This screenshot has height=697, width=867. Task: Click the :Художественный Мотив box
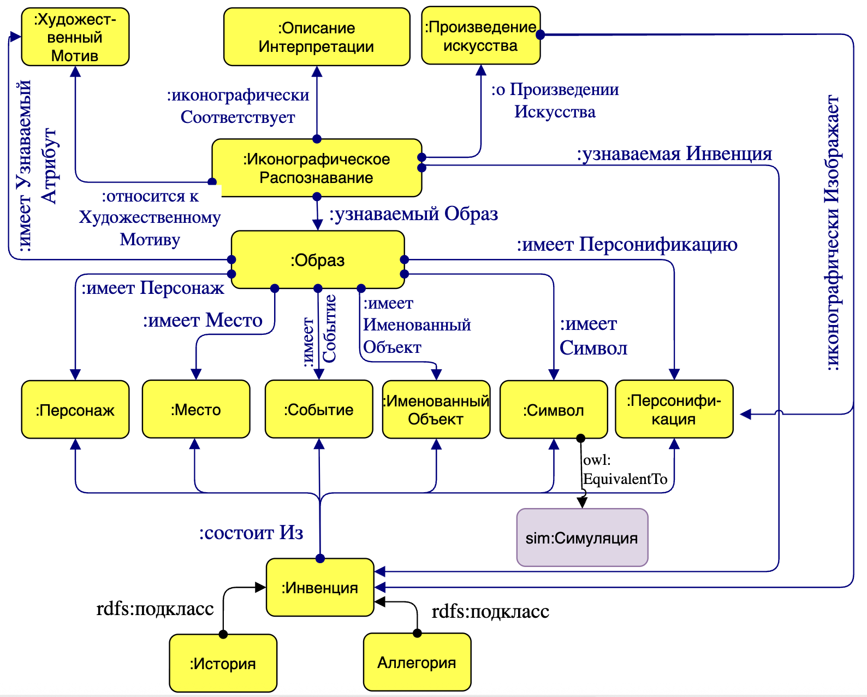[x=75, y=37]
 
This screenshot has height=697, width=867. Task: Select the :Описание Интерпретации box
[x=317, y=37]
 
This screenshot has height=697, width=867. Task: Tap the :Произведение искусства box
[x=480, y=36]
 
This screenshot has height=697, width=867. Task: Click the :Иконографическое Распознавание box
[x=317, y=168]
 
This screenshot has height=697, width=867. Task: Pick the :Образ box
[x=317, y=260]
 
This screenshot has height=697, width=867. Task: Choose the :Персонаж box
[x=75, y=410]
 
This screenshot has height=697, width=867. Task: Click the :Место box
[x=196, y=410]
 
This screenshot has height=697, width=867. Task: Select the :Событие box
[x=319, y=410]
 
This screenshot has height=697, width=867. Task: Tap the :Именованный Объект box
[x=436, y=410]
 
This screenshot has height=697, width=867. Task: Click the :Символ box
[x=554, y=410]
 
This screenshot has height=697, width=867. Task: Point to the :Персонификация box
[x=674, y=410]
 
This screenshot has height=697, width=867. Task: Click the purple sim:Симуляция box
[x=582, y=538]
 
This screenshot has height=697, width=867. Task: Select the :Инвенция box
[x=320, y=588]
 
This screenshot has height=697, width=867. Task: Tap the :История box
[x=223, y=663]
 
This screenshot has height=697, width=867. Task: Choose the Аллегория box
[x=417, y=662]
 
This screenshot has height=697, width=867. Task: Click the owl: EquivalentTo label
[x=625, y=470]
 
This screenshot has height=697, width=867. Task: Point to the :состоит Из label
[x=251, y=533]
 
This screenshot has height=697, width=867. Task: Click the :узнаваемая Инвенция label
[x=674, y=154]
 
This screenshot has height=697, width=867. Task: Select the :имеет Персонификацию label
[x=627, y=244]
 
